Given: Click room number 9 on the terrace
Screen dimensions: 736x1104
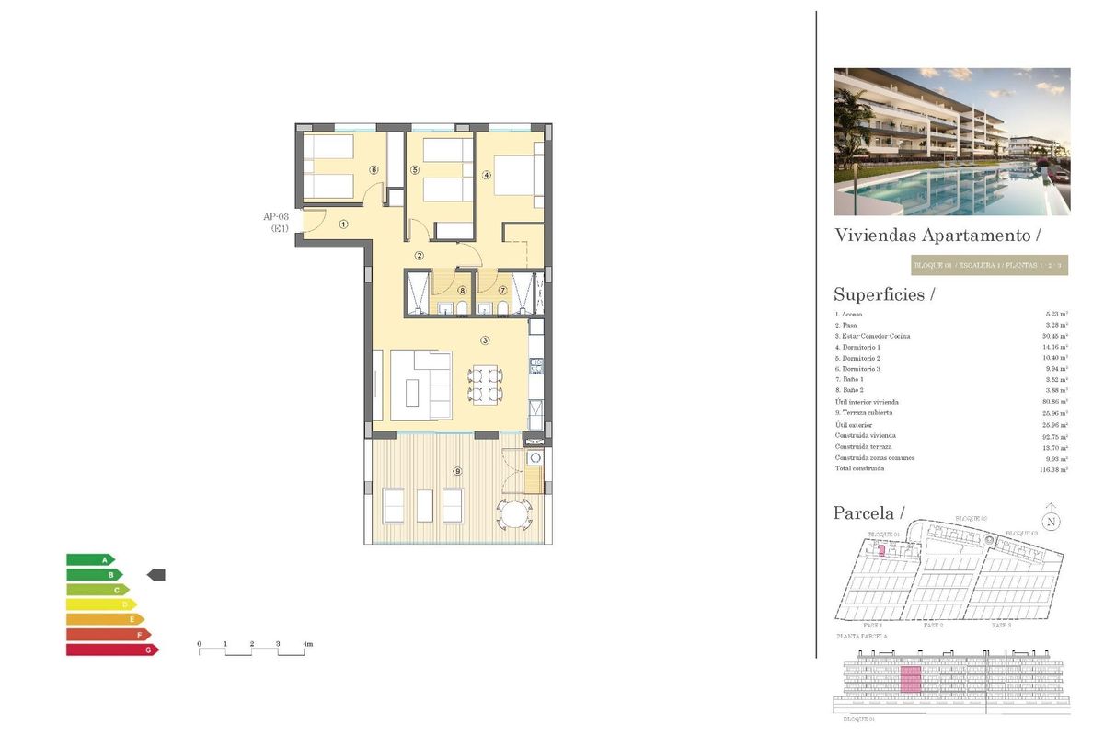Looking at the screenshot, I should [457, 471].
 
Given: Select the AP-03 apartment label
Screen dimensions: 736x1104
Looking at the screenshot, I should [277, 217].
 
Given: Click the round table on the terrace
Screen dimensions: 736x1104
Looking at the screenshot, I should [513, 512].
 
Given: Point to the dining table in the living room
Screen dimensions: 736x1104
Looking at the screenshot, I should [485, 385].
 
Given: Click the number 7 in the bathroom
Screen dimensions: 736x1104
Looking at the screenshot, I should [502, 290].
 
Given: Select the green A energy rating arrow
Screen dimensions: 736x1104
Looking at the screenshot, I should [90, 559].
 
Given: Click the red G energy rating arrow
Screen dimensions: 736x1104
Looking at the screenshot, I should [111, 650].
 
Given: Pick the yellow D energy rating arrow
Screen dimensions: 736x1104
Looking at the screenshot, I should [100, 604].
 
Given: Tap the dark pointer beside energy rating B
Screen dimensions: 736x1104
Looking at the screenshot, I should [156, 575].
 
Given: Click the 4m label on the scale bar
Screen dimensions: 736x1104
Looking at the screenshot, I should [308, 644].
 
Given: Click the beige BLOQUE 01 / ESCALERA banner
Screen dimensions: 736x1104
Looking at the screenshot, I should [989, 266].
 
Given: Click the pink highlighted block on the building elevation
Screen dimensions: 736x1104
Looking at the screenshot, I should [910, 680].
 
